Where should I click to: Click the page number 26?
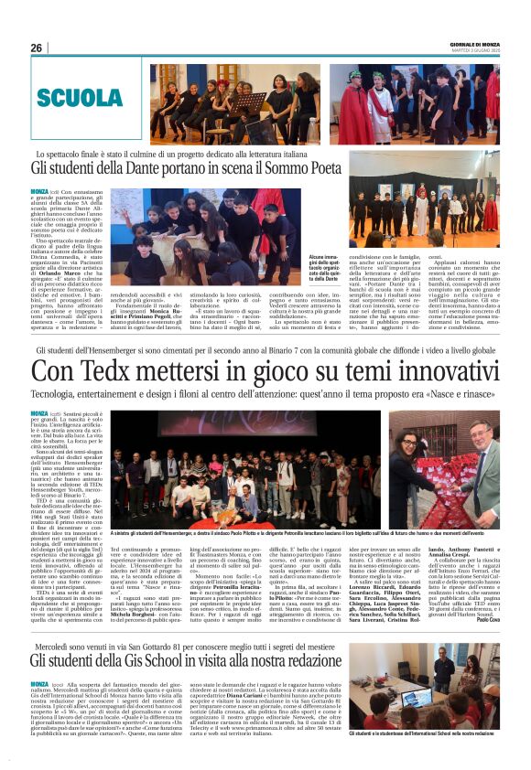pyautogui.click(x=37, y=48)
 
